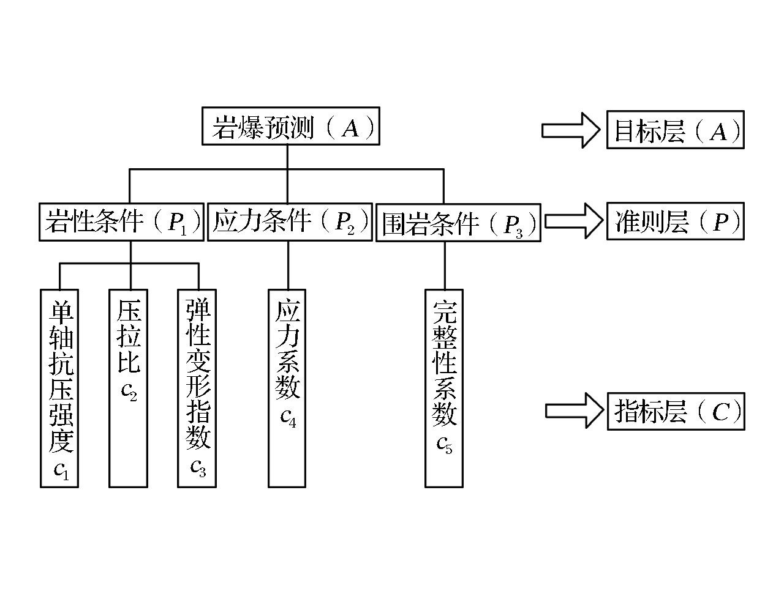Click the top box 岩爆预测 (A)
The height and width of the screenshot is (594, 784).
(290, 127)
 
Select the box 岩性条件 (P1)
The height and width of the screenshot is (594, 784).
(121, 221)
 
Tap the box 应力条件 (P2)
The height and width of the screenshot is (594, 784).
(290, 222)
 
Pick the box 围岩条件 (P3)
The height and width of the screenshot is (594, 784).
(458, 223)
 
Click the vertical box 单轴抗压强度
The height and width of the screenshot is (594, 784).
(59, 388)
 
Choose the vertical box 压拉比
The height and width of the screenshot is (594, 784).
(129, 388)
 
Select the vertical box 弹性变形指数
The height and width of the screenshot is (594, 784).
(197, 388)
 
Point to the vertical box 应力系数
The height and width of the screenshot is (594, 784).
(287, 388)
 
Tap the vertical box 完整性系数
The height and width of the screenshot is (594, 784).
(444, 388)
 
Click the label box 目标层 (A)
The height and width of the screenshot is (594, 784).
(675, 130)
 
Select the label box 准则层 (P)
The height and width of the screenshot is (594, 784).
(675, 221)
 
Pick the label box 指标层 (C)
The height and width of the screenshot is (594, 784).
(676, 411)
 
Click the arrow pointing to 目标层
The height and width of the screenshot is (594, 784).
(570, 130)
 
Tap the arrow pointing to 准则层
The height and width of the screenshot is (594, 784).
(573, 220)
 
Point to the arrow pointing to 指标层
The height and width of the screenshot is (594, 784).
(574, 410)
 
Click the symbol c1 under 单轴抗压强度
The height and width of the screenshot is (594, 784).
(62, 470)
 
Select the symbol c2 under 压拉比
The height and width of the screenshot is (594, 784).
(129, 391)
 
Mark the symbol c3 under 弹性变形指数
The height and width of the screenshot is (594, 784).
(198, 468)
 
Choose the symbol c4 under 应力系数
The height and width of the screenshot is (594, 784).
(288, 418)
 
